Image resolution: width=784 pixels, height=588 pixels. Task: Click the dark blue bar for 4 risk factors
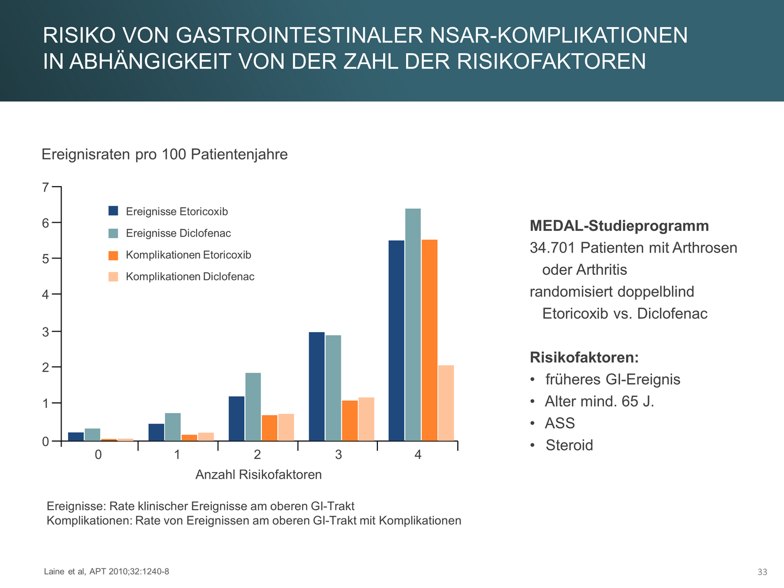pos(396,340)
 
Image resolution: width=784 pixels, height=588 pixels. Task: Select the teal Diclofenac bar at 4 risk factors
pos(413,324)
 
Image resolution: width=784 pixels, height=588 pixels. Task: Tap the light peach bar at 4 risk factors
pos(446,403)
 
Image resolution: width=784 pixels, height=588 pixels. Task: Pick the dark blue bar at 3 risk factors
pos(316,386)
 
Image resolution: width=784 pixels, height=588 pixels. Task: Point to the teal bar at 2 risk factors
pos(253,407)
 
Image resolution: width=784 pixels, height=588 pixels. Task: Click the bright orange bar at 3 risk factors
pos(350,420)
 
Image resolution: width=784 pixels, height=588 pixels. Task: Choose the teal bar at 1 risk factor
pos(173,427)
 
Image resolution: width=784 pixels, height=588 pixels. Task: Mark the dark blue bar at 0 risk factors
pos(76,436)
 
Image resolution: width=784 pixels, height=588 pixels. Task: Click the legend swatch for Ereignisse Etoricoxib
pos(113,211)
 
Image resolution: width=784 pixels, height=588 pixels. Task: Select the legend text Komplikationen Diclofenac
pos(190,277)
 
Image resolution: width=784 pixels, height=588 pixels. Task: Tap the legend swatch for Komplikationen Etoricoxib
pos(113,255)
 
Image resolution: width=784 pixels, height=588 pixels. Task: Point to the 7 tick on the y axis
pos(45,188)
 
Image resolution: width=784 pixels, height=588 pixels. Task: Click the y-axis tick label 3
pos(45,332)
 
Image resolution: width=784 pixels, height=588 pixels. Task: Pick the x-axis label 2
pos(258,455)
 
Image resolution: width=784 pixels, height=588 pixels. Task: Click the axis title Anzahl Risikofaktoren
pos(259,475)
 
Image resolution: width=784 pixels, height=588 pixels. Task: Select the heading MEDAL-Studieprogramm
pos(619,226)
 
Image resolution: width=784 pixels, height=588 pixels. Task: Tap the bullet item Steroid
pos(569,445)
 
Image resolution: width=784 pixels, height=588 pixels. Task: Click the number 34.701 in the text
pos(553,248)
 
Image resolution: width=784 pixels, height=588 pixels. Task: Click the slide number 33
pos(762,572)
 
